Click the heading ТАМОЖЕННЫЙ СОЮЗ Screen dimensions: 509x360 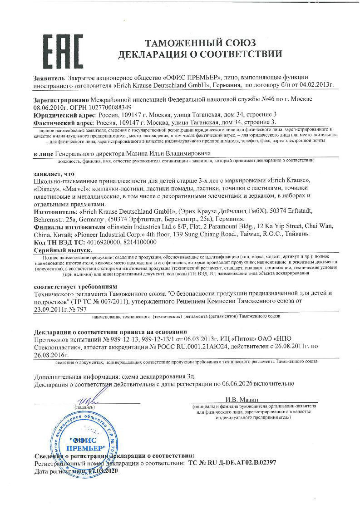tap(200, 43)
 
